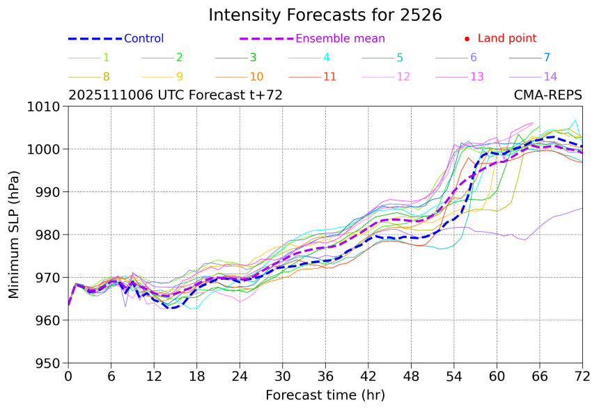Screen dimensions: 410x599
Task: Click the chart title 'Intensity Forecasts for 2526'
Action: point(325,15)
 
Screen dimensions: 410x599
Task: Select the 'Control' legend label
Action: point(143,39)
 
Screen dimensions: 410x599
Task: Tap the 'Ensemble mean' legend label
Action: point(340,39)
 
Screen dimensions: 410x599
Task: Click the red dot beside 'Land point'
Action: point(467,39)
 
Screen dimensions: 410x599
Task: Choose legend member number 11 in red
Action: point(329,77)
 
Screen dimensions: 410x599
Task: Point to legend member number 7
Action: point(547,58)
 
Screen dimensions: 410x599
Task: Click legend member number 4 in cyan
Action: point(326,58)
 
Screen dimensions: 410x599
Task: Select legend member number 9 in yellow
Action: point(179,77)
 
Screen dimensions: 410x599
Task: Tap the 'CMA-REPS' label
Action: point(547,95)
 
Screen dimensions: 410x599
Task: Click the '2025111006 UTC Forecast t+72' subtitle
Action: point(176,95)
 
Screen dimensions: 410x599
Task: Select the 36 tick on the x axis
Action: point(325,376)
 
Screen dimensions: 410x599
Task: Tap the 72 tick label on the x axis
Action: point(582,376)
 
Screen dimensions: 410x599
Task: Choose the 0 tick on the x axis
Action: point(68,376)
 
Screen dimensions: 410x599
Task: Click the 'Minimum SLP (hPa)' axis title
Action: point(15,235)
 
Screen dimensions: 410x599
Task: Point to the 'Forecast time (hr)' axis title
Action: point(325,395)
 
